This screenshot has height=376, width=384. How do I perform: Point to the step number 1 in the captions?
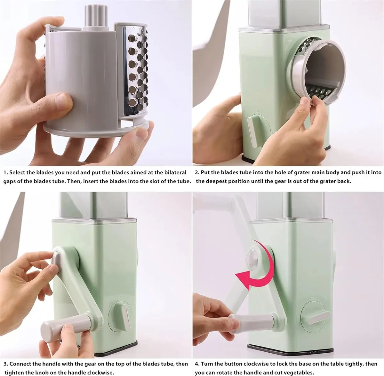[5, 172]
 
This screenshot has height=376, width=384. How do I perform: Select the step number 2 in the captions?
[197, 172]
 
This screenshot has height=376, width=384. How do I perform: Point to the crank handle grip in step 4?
[251, 321]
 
